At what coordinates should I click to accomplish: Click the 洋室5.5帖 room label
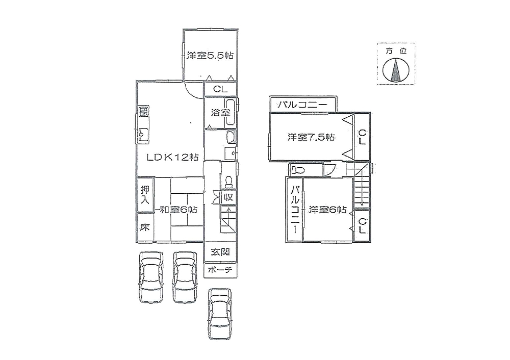[x=210, y=55]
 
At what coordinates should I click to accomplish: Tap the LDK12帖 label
[x=172, y=158]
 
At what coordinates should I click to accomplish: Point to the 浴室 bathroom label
[x=220, y=113]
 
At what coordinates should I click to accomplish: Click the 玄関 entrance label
[x=220, y=252]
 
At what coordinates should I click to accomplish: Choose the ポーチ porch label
[x=220, y=270]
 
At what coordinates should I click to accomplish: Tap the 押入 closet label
[x=145, y=195]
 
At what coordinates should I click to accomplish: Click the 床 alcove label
[x=145, y=227]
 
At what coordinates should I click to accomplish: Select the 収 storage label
[x=228, y=197]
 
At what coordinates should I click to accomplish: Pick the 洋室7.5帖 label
[x=311, y=137]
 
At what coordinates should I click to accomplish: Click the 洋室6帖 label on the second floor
[x=327, y=210]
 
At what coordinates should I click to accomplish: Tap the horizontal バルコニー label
[x=302, y=105]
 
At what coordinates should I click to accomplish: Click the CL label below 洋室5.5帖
[x=220, y=89]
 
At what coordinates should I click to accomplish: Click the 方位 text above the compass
[x=396, y=51]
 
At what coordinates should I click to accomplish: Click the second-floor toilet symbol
[x=297, y=170]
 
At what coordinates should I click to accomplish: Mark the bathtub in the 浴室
[x=231, y=113]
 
